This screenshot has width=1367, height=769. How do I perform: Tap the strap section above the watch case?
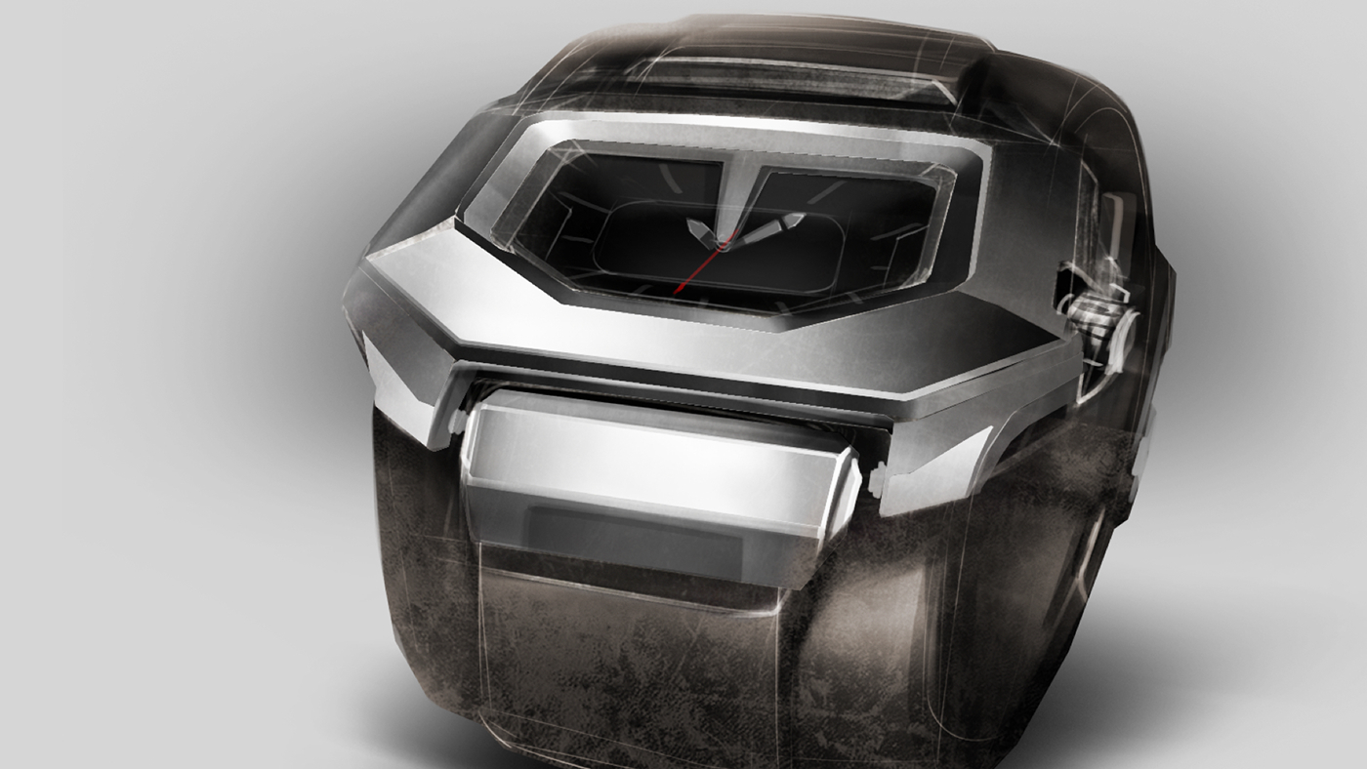tap(791, 68)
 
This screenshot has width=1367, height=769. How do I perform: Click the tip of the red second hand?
tap(676, 292)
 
